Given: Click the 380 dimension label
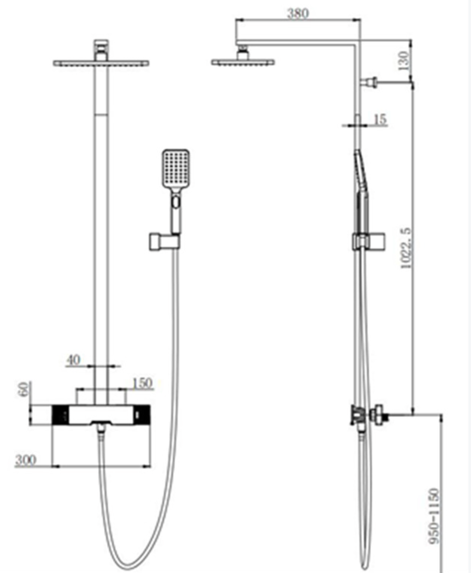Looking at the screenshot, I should tap(298, 13).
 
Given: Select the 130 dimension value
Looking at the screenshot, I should tap(404, 60).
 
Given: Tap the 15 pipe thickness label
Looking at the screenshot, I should tap(380, 119).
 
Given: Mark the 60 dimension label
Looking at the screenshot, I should tap(24, 389).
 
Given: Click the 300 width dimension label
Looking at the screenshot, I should tap(26, 460).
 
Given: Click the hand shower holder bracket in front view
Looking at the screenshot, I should tap(164, 242).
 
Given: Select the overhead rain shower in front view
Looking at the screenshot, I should tap(101, 63).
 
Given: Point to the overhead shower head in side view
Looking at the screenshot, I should tap(243, 62).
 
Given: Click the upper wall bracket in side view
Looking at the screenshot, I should tap(369, 82).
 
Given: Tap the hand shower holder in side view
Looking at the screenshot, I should tap(369, 242).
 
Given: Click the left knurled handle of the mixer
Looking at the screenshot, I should tap(60, 415).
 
